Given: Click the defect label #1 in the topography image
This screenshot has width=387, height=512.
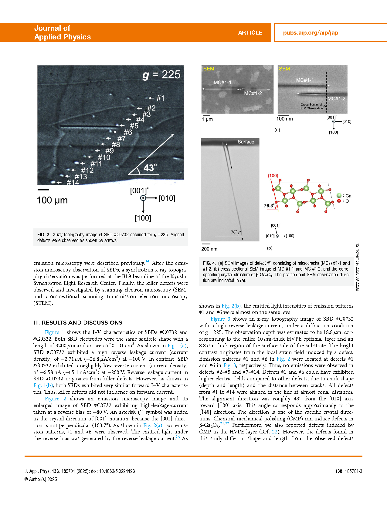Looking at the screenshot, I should [160, 98].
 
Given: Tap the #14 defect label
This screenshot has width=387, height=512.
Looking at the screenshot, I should [73, 182].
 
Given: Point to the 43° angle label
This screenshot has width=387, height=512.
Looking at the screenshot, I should [150, 168].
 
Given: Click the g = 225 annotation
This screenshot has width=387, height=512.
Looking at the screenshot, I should [161, 75].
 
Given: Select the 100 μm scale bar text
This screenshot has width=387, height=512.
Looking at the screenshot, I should [52, 200].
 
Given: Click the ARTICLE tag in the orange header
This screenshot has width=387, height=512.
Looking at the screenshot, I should [250, 33].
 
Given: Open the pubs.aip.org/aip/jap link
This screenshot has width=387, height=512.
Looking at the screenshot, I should [311, 33].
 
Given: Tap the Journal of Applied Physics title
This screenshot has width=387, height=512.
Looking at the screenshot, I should [62, 32].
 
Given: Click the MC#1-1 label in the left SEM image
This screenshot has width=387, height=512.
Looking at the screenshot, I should [222, 83].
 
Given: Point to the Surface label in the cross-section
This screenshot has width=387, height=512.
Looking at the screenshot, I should [246, 142].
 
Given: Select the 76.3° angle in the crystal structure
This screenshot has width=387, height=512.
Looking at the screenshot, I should [269, 206].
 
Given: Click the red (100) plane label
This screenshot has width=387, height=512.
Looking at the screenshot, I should [273, 176].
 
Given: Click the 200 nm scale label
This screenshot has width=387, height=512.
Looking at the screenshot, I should [209, 249].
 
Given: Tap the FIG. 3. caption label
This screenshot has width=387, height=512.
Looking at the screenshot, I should [44, 235].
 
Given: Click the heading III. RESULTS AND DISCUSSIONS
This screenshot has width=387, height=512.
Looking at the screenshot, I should [78, 323].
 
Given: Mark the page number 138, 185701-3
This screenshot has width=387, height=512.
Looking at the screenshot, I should [348, 471].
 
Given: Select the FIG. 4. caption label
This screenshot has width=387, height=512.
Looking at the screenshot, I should [209, 263].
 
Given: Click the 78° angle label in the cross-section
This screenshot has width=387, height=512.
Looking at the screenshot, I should [234, 232].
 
